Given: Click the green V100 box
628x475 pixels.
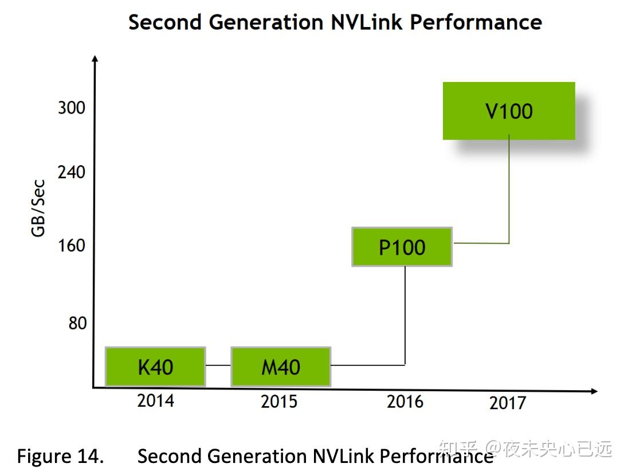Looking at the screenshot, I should point(509,111).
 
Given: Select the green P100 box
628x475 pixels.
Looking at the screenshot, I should point(402,247).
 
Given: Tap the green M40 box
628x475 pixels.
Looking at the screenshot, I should point(281,367).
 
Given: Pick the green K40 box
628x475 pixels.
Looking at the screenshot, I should point(155,367).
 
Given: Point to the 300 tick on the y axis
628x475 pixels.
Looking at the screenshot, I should point(71,107).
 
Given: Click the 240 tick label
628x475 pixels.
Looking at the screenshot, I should point(71,172).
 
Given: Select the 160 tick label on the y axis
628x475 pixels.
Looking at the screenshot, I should point(71,246).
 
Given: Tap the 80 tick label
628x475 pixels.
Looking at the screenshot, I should point(77,323).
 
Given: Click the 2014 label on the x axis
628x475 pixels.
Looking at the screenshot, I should point(155,400).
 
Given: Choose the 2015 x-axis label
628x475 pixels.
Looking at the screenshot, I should point(279,401).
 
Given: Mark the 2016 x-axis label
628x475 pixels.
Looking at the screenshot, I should point(405,401).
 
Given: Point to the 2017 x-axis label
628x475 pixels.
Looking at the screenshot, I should point(507,403).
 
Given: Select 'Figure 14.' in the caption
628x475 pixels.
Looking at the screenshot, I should point(60,456).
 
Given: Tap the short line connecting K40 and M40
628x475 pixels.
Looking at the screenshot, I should point(218,365).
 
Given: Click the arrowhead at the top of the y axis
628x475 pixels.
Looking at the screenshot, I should point(95,58).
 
